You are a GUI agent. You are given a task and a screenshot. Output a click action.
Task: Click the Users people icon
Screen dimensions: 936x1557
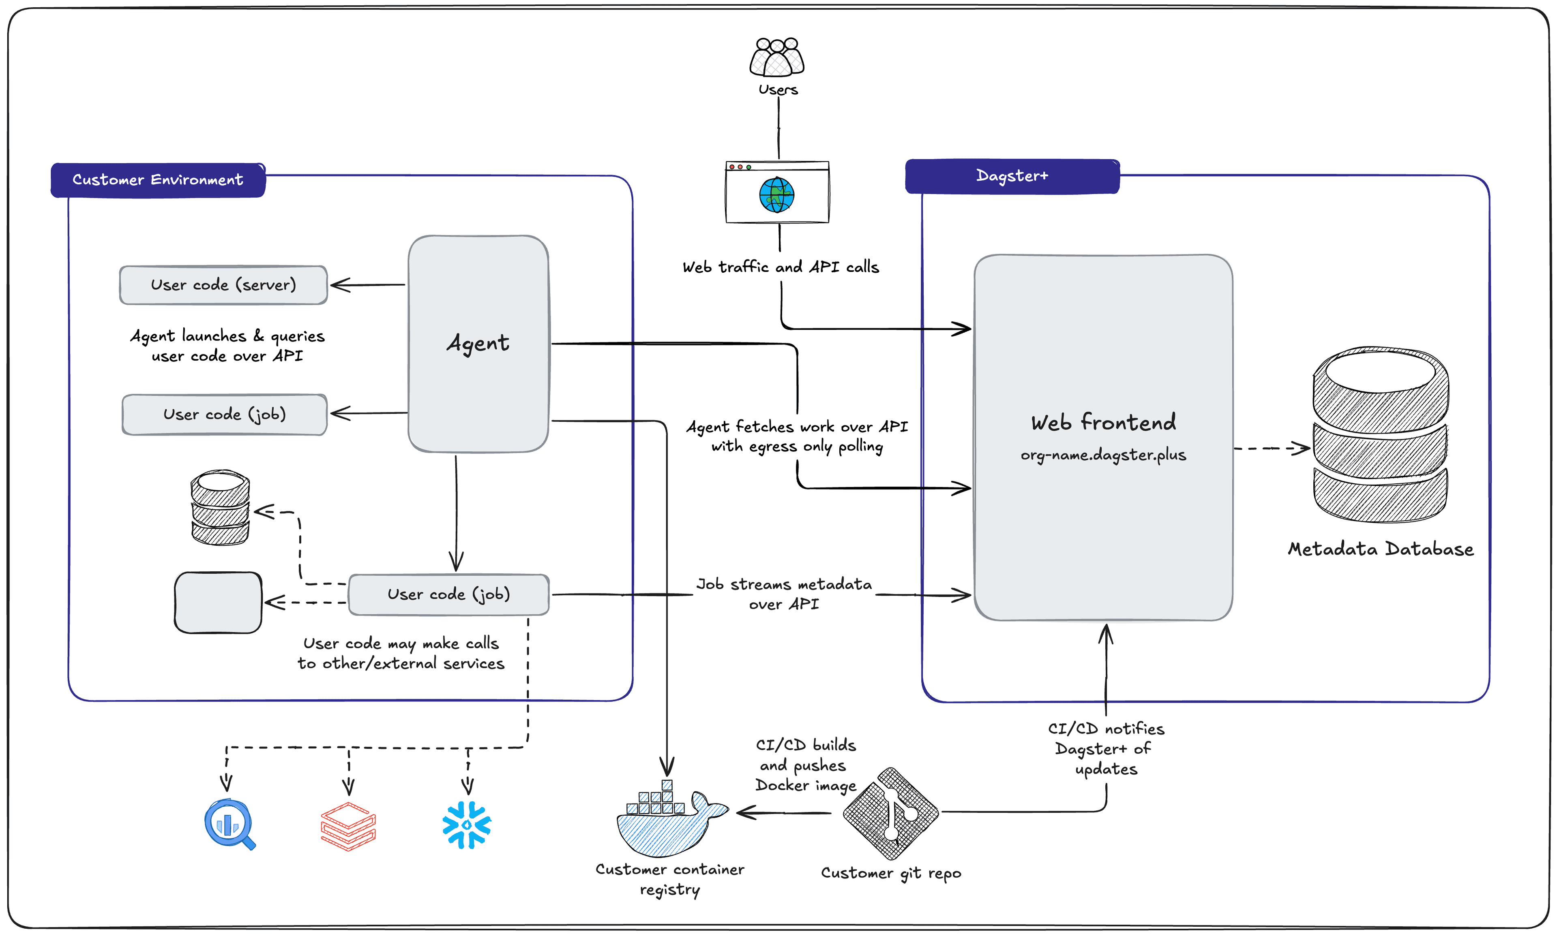point(776,58)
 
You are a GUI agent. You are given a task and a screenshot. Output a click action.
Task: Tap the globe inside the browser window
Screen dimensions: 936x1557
point(776,195)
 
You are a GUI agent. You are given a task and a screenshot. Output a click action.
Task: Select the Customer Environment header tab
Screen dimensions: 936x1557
point(158,180)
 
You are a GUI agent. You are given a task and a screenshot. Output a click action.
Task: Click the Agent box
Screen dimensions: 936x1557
point(478,344)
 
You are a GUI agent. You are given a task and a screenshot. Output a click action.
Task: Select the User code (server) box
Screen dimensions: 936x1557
point(223,285)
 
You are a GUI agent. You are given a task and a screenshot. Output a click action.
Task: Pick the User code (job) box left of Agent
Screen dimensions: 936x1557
point(224,415)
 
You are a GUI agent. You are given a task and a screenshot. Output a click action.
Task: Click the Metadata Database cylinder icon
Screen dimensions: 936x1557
point(1380,435)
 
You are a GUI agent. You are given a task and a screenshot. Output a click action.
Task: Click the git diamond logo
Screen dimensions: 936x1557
point(890,814)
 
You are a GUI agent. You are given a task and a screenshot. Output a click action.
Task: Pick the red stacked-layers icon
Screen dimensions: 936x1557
point(348,826)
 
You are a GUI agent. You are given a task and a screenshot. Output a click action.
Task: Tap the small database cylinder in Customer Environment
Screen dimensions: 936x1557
point(220,508)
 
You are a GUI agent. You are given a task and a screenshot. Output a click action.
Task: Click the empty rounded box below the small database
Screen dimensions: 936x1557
point(218,603)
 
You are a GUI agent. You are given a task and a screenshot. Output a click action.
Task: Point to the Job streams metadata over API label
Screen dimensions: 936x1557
point(783,594)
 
